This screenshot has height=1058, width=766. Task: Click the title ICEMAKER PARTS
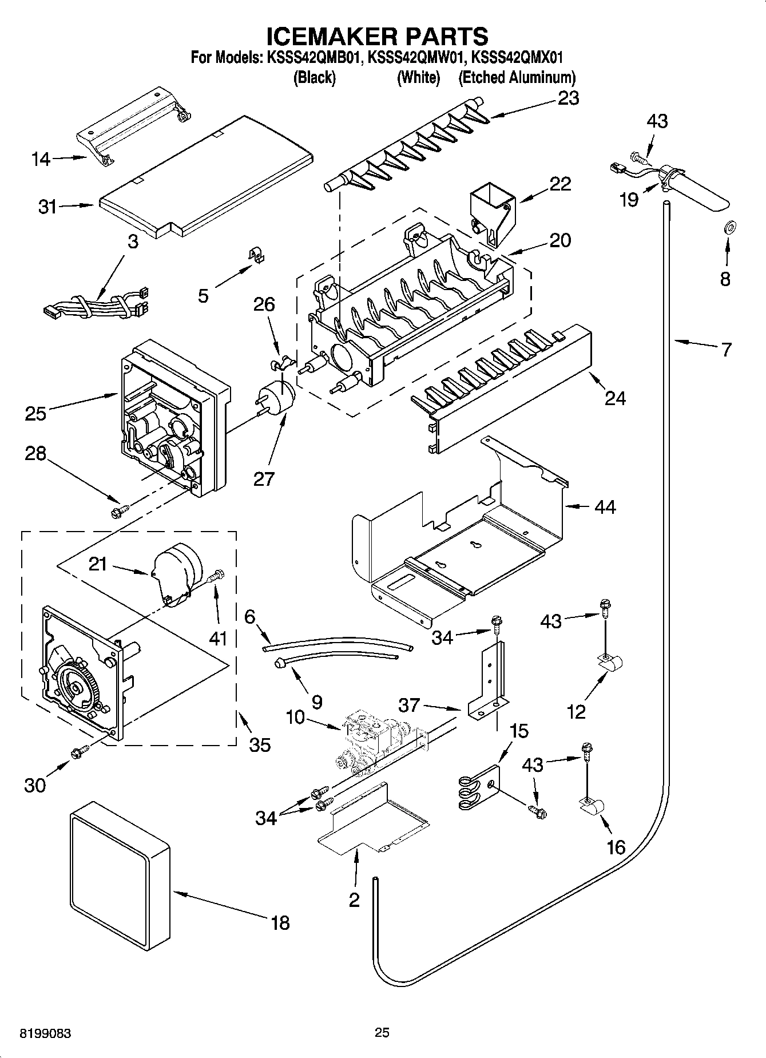pyautogui.click(x=378, y=35)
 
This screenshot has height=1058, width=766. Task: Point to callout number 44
pyautogui.click(x=605, y=506)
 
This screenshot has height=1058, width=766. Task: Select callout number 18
pyautogui.click(x=280, y=922)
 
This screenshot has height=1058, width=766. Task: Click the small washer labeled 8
pyautogui.click(x=730, y=227)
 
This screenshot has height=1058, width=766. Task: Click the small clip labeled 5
pyautogui.click(x=258, y=255)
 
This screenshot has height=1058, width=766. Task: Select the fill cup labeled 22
pyautogui.click(x=492, y=215)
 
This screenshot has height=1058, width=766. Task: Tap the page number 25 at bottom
pyautogui.click(x=382, y=1033)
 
